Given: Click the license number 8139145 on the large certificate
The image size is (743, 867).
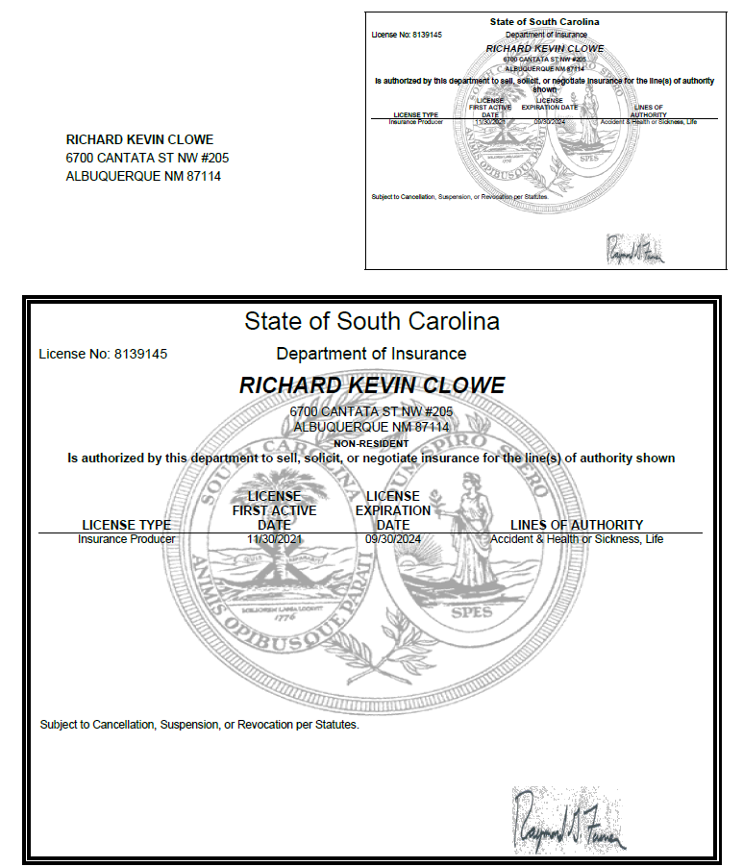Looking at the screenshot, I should click(140, 354).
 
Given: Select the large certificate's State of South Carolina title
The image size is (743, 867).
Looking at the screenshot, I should click(371, 320).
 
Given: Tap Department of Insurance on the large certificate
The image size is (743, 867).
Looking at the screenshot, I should click(371, 354).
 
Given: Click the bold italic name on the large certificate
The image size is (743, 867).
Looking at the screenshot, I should click(371, 385).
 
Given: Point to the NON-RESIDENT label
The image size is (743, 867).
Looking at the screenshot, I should click(371, 443).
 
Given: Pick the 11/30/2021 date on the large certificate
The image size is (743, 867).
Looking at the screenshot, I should click(274, 539).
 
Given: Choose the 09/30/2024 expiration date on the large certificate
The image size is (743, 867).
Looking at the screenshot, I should click(393, 539).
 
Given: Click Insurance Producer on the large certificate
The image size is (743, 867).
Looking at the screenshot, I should click(127, 539).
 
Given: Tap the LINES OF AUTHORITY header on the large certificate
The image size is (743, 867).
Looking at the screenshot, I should click(577, 525).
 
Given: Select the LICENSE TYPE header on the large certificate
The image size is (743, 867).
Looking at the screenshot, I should click(127, 525).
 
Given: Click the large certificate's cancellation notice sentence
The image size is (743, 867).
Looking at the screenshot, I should click(200, 724).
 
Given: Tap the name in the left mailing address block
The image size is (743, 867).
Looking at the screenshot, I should click(139, 139).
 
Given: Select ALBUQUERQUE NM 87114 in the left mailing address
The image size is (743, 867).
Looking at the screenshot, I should click(143, 176).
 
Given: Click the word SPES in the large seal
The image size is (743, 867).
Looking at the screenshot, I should click(471, 612).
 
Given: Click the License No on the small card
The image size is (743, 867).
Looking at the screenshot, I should click(407, 36).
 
